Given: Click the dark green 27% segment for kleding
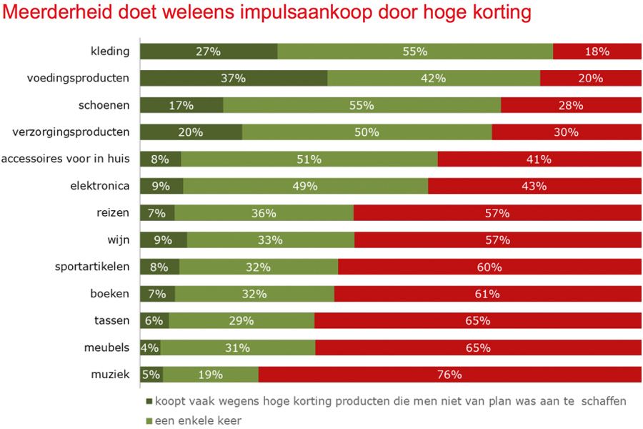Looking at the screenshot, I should pos(209,51).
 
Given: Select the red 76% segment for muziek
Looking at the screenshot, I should pos(450,375).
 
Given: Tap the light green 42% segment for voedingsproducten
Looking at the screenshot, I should pos(434,79).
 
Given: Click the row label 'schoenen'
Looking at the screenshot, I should pos(104,105).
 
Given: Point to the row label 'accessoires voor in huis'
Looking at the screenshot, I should pos(66,159).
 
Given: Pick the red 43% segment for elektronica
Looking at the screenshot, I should pos(534,186).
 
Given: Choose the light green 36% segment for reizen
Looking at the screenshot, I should pos(264,213).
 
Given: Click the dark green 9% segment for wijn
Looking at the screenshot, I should pos(163,240).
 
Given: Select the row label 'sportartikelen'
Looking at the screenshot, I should pos(92,267).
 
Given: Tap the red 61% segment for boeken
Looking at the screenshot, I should pos(487,294).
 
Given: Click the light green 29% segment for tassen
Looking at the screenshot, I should pos(241,321).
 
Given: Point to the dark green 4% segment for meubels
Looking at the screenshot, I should pos(150,348).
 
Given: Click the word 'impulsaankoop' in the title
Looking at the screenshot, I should pos(282,14).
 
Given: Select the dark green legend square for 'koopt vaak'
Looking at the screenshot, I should pos(149,402).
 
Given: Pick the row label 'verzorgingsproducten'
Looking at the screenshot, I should pos(71,132).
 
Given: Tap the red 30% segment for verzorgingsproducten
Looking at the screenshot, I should pos(567,132).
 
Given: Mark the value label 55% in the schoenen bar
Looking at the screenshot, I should pos(362,105).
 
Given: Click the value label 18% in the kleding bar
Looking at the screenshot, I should pos(597,51).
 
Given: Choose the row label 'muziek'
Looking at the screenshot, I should pos(110,375).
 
